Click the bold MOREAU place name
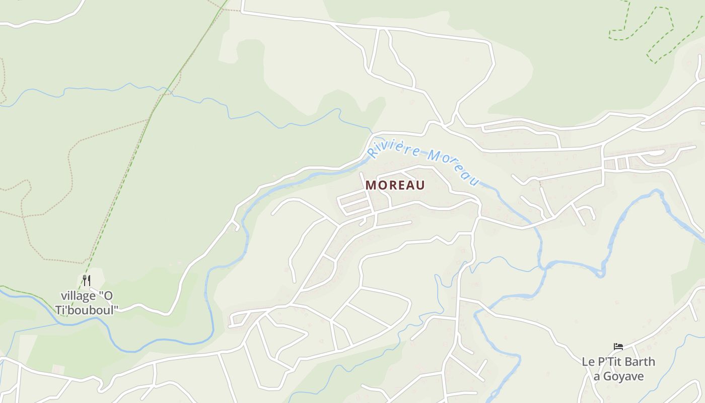395,185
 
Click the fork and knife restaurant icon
87,281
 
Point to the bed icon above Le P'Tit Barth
618,347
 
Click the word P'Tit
607,362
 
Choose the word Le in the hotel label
587,362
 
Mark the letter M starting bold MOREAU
371,185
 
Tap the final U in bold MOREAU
420,185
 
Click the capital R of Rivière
373,153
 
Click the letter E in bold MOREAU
400,185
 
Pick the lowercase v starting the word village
63,295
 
